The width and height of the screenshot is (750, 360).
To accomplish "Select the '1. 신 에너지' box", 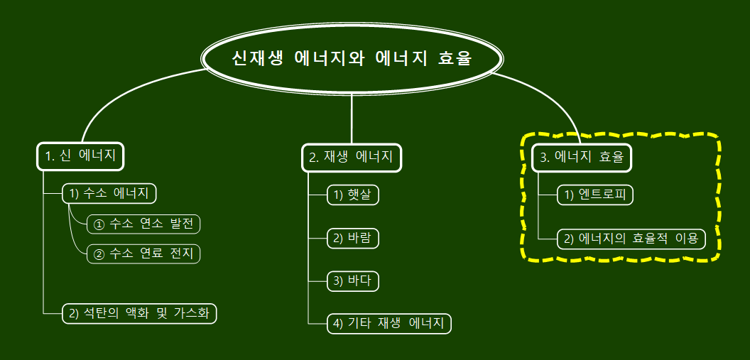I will point(80,157).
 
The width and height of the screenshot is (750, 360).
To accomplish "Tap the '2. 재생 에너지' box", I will point(352,158).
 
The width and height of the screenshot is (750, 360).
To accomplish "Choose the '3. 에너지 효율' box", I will point(582,158).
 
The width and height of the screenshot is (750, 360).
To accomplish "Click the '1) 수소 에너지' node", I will point(109,194).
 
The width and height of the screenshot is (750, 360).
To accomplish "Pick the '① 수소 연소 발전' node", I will point(144,224).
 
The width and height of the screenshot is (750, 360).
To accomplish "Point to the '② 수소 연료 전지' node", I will point(144,253).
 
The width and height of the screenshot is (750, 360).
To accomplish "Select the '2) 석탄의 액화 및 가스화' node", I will point(139,313).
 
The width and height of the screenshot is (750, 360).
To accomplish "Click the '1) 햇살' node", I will point(353,195).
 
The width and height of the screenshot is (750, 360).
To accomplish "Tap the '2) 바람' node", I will point(353,239).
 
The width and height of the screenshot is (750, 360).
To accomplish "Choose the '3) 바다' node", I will point(353,281).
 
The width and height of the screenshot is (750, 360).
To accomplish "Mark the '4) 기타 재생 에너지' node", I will point(389,324).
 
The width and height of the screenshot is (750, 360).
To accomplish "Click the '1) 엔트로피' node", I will point(594,195).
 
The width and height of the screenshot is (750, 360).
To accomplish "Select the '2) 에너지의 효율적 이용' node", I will point(631,239).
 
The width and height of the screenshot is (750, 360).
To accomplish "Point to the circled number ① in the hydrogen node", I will point(99,225).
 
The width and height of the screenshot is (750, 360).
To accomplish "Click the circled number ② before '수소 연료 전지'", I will point(99,253).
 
